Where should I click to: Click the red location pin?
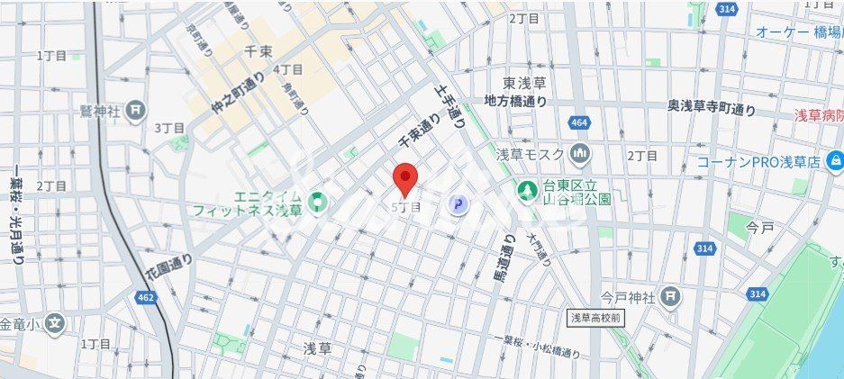pyautogui.click(x=405, y=178)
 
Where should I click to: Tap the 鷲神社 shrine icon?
pyautogui.click(x=136, y=111)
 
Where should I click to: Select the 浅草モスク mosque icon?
pyautogui.click(x=580, y=154)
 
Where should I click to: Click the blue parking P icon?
pyautogui.click(x=459, y=206)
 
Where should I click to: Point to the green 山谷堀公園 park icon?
pyautogui.click(x=527, y=191)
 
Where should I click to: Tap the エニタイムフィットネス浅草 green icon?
pyautogui.click(x=316, y=204)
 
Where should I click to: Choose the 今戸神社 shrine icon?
pyautogui.click(x=669, y=295)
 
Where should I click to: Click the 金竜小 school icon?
pyautogui.click(x=56, y=322)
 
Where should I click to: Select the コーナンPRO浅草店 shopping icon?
pyautogui.click(x=835, y=162)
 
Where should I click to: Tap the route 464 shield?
pyautogui.click(x=578, y=122)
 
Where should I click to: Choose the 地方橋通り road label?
pyautogui.click(x=515, y=101)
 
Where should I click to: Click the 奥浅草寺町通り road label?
pyautogui.click(x=712, y=108)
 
